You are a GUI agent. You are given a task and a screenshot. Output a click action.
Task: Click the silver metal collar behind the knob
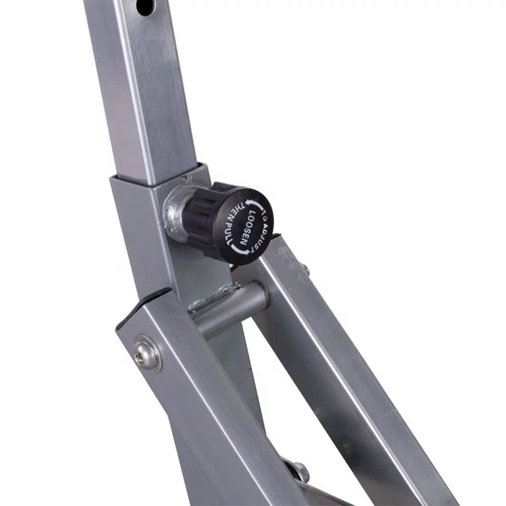pyautogui.click(x=176, y=212)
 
